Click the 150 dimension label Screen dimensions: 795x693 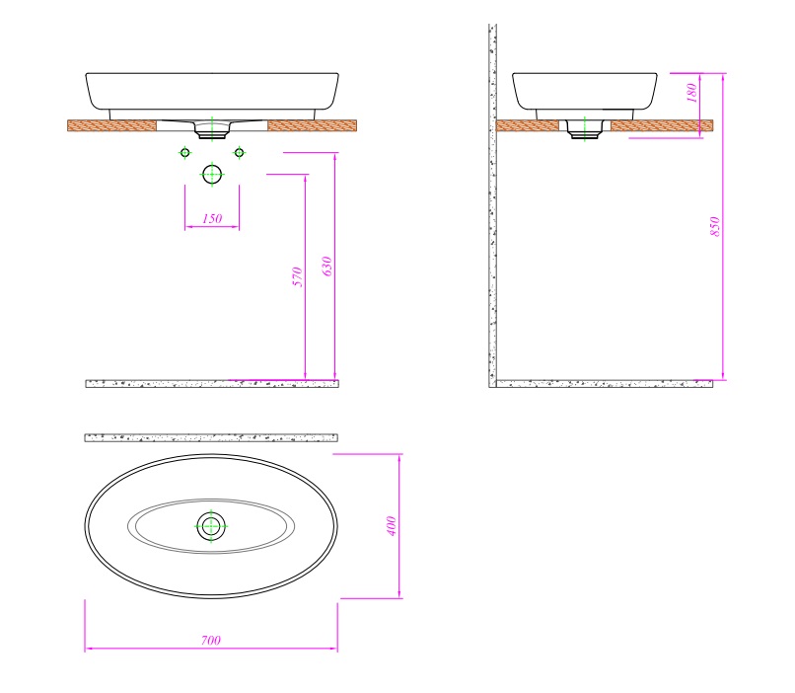[212, 218]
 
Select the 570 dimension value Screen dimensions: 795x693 [298, 276]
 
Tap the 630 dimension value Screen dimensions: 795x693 [327, 267]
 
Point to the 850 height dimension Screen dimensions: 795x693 [715, 226]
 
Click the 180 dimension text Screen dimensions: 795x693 [691, 93]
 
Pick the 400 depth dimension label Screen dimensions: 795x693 [391, 526]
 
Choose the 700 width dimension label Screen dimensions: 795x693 [211, 641]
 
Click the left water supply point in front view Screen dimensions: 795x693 [185, 153]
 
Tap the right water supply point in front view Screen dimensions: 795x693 [240, 153]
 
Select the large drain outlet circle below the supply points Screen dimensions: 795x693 [212, 175]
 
